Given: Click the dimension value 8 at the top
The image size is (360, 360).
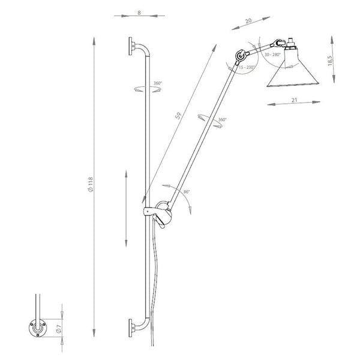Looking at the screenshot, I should [139, 12].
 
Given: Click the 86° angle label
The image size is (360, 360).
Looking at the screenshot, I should [187, 193].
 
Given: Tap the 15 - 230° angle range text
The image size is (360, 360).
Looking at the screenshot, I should [247, 67].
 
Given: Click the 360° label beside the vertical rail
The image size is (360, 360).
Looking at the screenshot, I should [157, 83].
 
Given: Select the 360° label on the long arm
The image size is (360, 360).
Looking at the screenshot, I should [223, 120].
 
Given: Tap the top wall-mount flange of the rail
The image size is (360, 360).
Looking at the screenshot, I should [131, 47].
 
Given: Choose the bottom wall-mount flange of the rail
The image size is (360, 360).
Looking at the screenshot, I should [131, 328].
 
